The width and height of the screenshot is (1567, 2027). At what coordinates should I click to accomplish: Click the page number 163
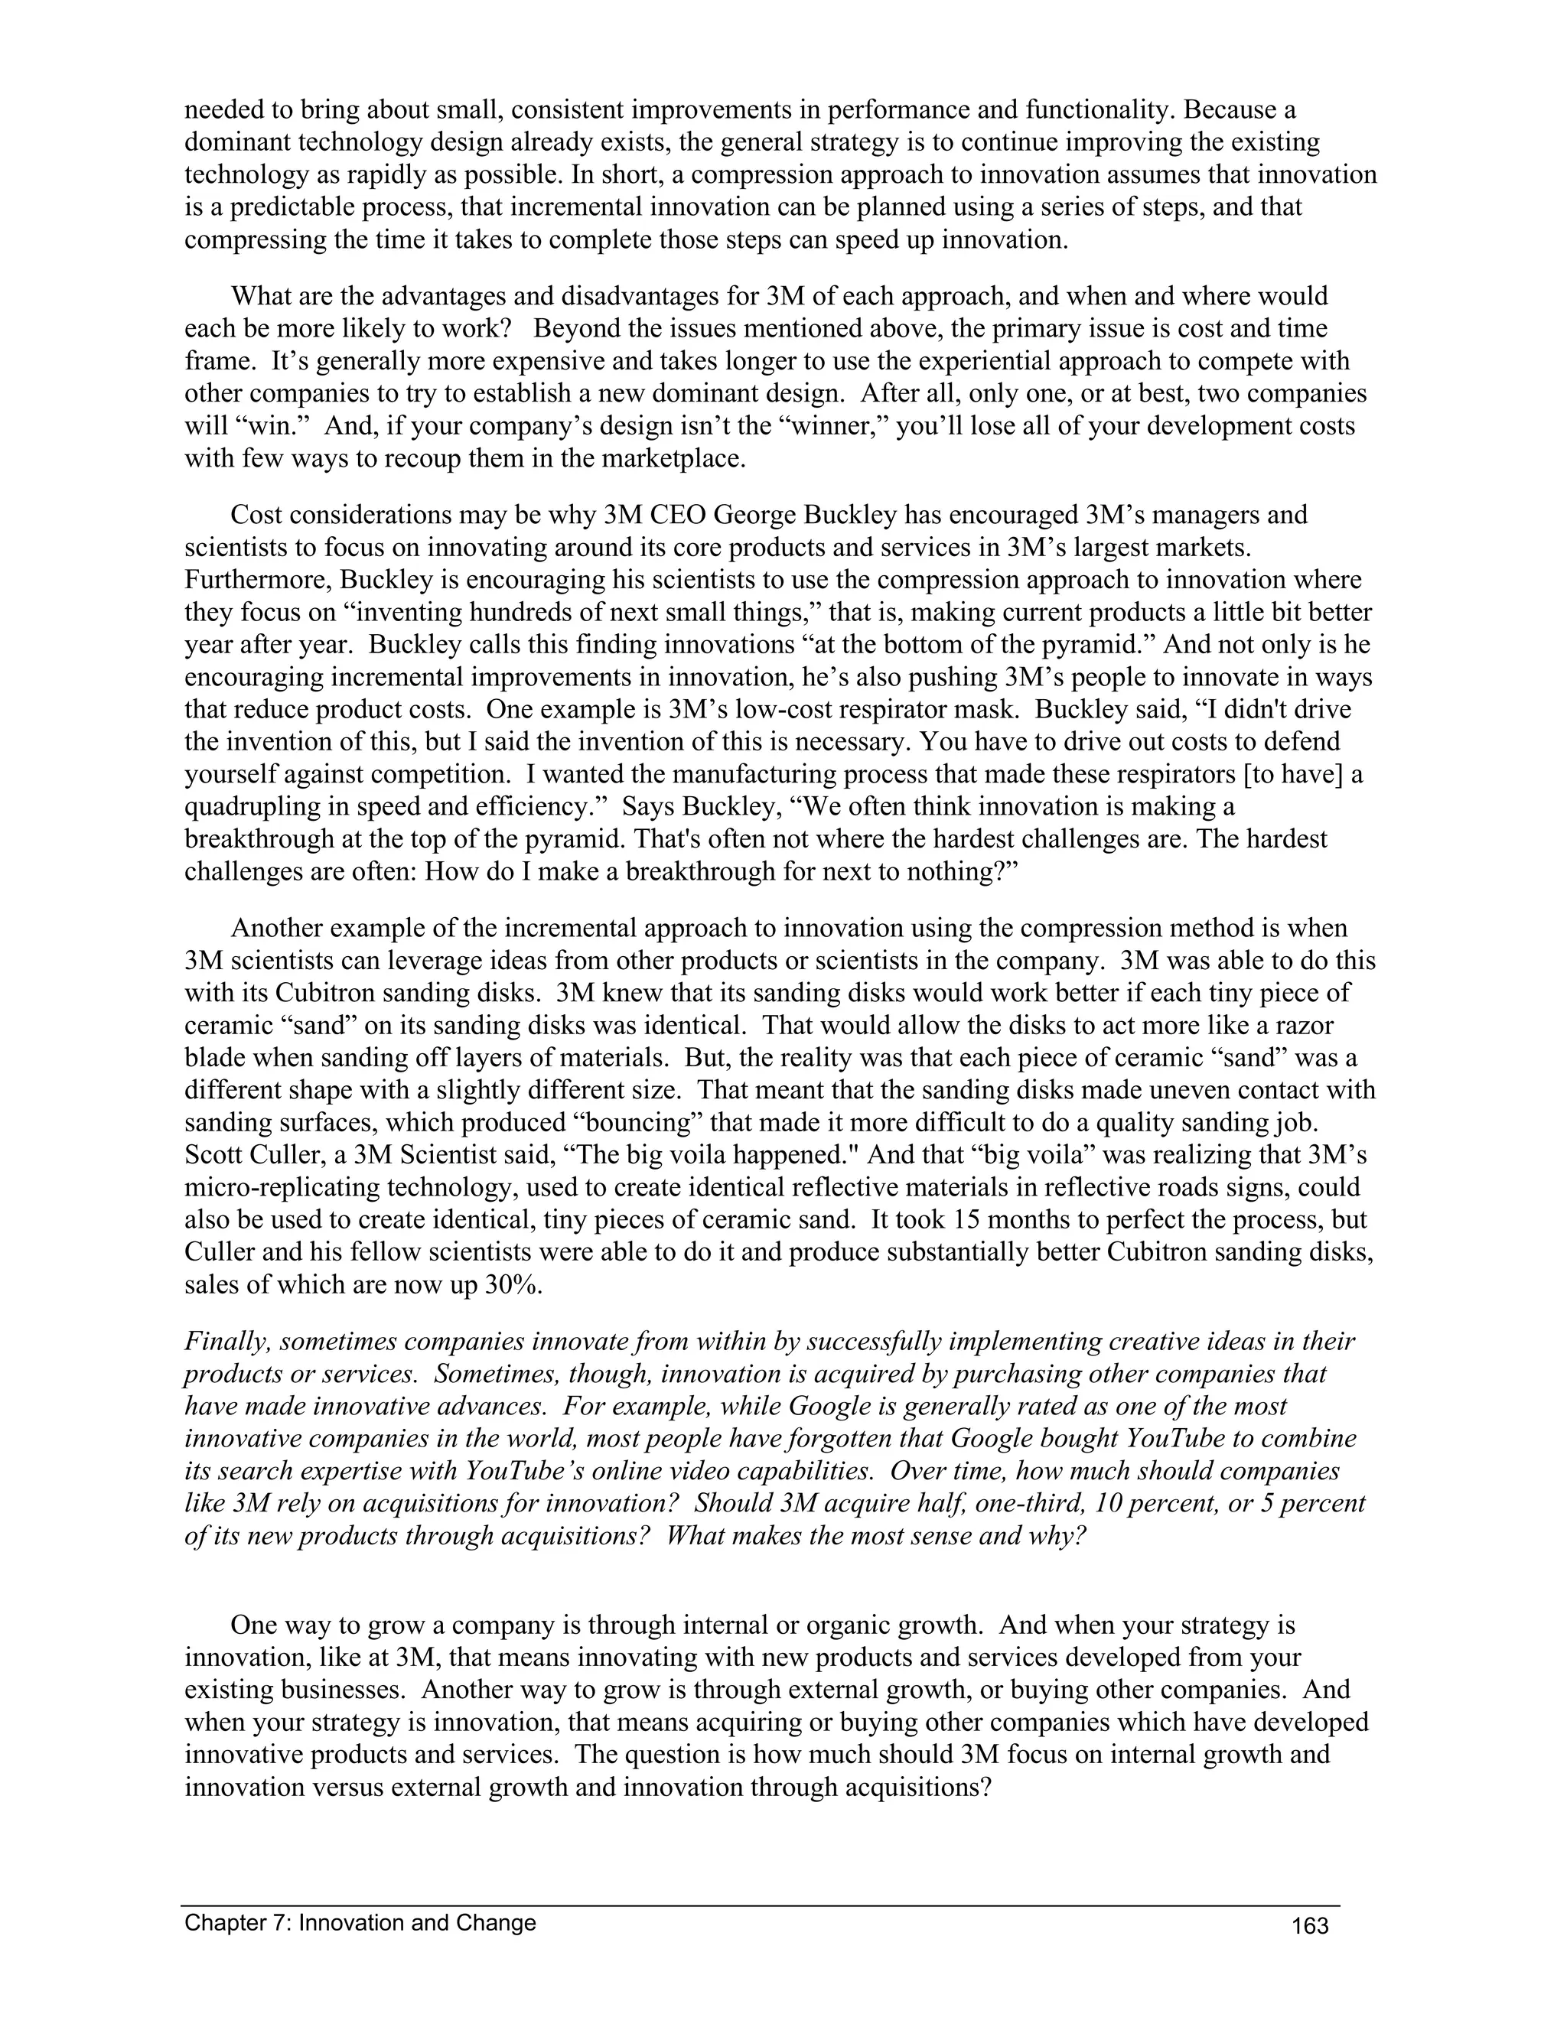click(x=1310, y=1926)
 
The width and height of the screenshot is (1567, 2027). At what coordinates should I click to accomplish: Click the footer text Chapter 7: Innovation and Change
click(x=360, y=1922)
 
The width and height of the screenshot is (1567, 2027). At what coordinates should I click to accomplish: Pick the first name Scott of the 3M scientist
click(x=218, y=1156)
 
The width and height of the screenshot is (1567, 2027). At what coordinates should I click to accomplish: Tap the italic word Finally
click(x=226, y=1342)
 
